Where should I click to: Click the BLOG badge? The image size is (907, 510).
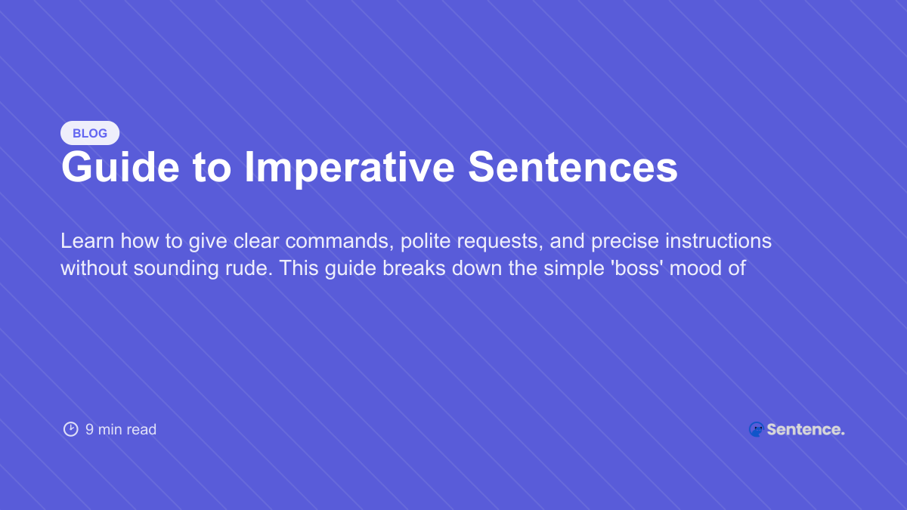(x=90, y=133)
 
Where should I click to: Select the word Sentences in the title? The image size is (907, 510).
(x=573, y=168)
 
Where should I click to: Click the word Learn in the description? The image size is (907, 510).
(x=82, y=241)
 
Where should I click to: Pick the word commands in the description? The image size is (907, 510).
(x=337, y=241)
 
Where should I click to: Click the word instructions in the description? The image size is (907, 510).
(x=714, y=241)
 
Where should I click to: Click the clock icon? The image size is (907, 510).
(x=70, y=429)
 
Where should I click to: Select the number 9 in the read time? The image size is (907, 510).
(x=89, y=429)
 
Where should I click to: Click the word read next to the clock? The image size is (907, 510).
(x=141, y=429)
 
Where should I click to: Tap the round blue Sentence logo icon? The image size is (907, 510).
(x=756, y=429)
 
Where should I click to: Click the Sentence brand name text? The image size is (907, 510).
(x=805, y=429)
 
